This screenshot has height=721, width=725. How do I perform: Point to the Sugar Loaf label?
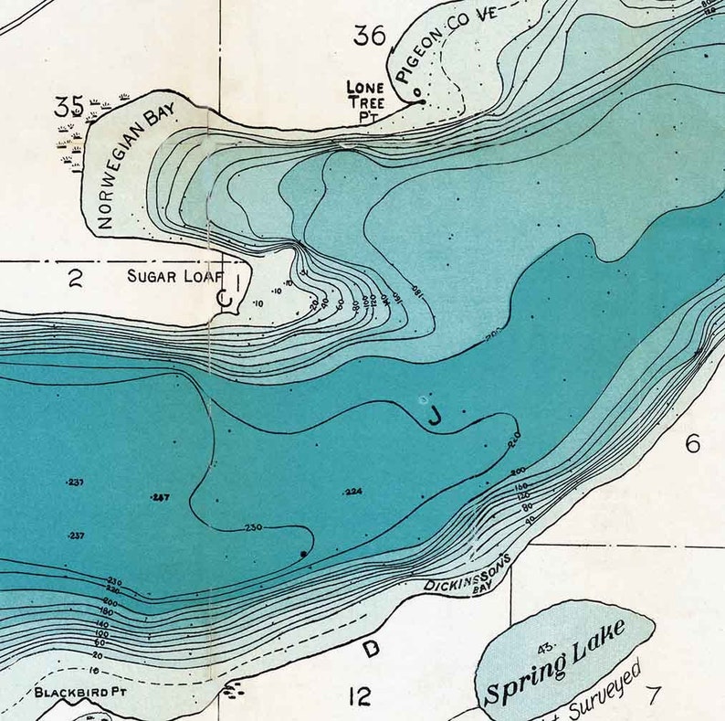click(x=174, y=275)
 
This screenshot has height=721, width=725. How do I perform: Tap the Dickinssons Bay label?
click(x=465, y=575)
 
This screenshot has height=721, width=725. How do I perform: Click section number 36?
click(x=370, y=36)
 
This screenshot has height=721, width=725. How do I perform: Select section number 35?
click(x=68, y=106)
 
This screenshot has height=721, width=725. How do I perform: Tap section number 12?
click(x=361, y=697)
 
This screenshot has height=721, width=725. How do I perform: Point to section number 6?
click(x=692, y=444)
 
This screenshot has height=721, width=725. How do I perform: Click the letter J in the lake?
click(x=436, y=418)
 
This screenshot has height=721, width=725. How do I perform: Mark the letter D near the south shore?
click(x=371, y=649)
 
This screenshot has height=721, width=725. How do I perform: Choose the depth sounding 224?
click(x=354, y=492)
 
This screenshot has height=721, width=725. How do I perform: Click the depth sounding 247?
click(x=161, y=497)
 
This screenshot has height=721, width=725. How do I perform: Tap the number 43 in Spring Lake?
click(x=547, y=649)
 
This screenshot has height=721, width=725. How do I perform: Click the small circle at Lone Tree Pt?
click(x=416, y=92)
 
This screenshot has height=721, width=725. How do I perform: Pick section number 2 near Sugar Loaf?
click(x=74, y=279)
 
